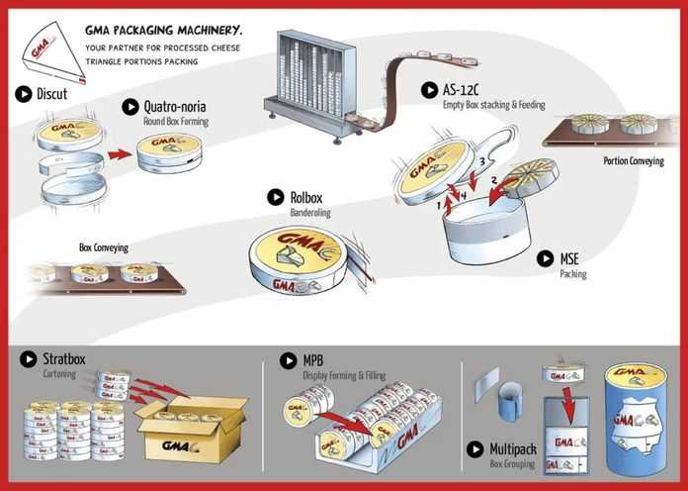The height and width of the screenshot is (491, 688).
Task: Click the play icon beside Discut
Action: [x=24, y=94]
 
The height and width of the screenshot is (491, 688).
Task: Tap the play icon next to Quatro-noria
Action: [x=130, y=107]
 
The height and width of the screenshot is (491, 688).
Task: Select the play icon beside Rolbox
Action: [x=276, y=197]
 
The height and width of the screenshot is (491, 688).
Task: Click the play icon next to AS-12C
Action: [x=429, y=90]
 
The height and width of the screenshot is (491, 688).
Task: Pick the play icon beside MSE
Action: [x=545, y=258]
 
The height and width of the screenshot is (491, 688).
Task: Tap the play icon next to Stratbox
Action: [x=29, y=359]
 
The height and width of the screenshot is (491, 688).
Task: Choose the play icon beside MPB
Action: [x=289, y=361]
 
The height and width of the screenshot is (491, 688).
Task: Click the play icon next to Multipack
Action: [x=474, y=449]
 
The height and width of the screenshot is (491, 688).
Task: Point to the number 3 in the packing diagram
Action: [x=481, y=161]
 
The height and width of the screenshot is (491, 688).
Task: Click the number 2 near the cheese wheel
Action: [x=493, y=180]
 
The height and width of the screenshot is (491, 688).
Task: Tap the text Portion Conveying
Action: [x=634, y=161]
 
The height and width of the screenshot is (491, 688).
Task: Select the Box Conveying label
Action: [x=104, y=247]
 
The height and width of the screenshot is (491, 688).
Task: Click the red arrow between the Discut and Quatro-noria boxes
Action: [x=120, y=154]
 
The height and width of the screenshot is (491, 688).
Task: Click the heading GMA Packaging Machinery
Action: [x=163, y=31]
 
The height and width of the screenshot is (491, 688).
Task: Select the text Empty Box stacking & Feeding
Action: [x=493, y=105]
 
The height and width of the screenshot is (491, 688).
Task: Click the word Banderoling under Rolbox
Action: [x=310, y=213]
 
